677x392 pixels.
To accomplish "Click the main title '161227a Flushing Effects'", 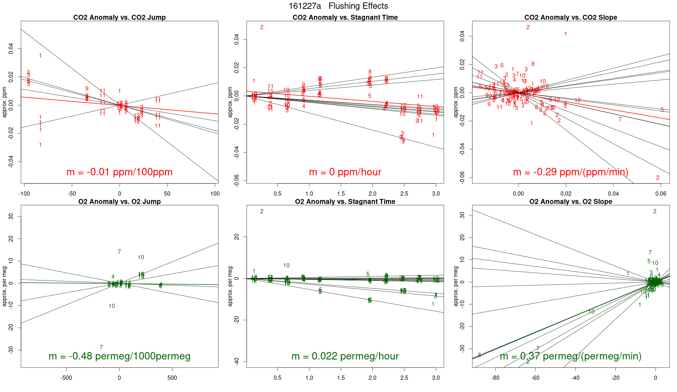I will click(x=338, y=6).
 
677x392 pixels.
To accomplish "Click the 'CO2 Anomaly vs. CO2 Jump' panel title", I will click(x=119, y=17).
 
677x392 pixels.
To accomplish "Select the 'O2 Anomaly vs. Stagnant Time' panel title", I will click(x=345, y=202).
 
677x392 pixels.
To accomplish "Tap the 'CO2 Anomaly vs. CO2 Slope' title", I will click(x=570, y=17).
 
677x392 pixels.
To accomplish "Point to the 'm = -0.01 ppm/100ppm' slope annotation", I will click(x=119, y=172).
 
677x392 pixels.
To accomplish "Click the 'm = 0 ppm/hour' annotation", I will click(x=345, y=172).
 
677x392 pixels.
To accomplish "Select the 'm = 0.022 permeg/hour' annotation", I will click(x=345, y=356).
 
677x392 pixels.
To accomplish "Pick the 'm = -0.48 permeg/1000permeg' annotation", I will click(x=119, y=356).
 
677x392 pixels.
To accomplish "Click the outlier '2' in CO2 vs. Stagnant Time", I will click(x=262, y=27).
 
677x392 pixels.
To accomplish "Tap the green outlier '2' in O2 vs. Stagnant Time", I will click(x=262, y=211).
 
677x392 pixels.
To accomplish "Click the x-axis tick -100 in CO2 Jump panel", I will click(x=24, y=194).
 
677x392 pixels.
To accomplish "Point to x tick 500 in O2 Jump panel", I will click(x=172, y=378).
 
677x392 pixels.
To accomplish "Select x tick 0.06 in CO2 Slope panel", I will click(x=661, y=194).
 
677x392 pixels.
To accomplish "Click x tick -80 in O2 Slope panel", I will click(x=495, y=378).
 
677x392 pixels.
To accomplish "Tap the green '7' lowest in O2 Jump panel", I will click(x=101, y=347).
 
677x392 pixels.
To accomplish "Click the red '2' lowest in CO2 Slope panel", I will click(x=658, y=177).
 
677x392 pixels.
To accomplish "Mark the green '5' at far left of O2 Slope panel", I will click(x=480, y=355).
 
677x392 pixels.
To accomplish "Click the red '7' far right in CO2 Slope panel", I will click(x=620, y=119).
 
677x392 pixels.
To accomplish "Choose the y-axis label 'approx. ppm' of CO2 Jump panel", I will click(x=5, y=102).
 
